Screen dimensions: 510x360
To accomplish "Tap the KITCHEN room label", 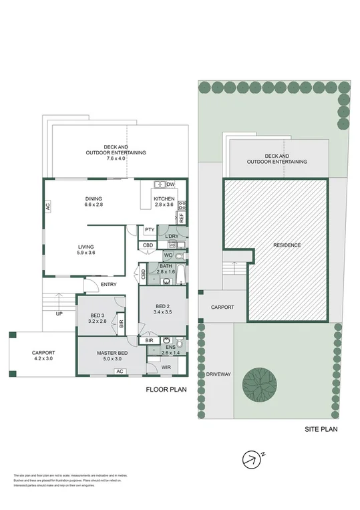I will click(164, 199).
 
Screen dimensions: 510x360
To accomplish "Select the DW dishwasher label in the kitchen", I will click(170, 184).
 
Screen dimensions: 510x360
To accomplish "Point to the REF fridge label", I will click(181, 217).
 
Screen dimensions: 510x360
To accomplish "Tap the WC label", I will click(168, 255).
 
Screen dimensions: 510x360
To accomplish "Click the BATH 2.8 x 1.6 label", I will click(165, 269).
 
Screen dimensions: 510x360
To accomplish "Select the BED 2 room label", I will click(162, 308).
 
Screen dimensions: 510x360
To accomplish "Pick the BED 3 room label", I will click(96, 318).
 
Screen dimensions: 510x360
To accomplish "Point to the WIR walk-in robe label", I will click(167, 367).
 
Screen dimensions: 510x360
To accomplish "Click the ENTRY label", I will click(109, 285).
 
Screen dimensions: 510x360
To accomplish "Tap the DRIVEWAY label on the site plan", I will click(218, 374).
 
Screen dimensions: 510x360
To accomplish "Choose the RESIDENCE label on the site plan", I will click(287, 245).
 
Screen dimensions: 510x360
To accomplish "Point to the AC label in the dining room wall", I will click(48, 207).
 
